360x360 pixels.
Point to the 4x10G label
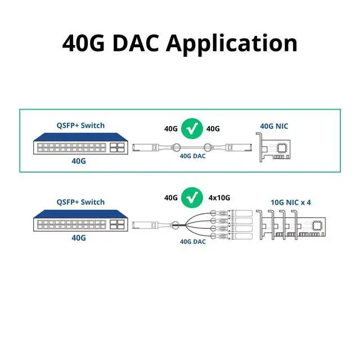[x=219, y=198]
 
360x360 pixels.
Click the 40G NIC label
[x=274, y=126]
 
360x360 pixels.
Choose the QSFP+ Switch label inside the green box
[x=80, y=125]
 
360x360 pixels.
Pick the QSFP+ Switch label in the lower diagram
[x=80, y=202]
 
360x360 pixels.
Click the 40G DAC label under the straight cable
[x=193, y=156]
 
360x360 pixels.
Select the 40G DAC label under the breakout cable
[x=193, y=241]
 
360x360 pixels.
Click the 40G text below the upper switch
[x=79, y=161]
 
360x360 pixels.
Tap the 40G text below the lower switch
[x=79, y=237]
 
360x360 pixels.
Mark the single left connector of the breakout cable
[x=141, y=226]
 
